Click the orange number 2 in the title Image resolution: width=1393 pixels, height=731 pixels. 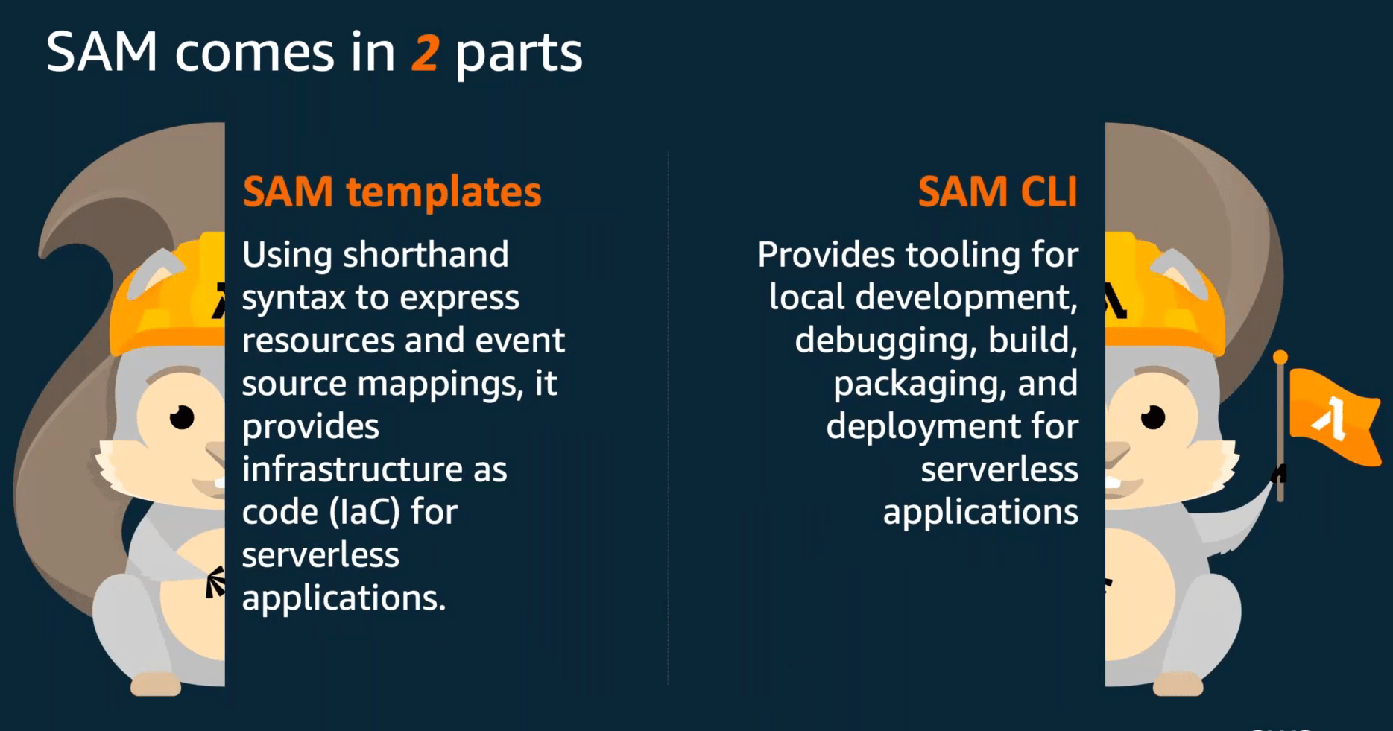tap(425, 54)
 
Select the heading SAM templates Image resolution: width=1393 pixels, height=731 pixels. tap(392, 192)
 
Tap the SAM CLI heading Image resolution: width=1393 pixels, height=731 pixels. tap(997, 192)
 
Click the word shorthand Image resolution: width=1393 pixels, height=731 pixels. tap(426, 255)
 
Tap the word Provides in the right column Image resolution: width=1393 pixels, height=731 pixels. tap(826, 255)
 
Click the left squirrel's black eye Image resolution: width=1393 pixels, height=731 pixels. tap(181, 417)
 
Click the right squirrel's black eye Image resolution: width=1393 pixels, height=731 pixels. tap(1152, 417)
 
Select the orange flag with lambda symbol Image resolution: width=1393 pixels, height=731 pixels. tap(1334, 417)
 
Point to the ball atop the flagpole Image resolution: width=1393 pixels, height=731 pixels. tap(1280, 358)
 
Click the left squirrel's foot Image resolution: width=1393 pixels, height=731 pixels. tap(156, 683)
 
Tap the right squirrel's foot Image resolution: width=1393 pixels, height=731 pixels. tap(1178, 683)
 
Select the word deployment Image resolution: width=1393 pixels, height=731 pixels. tap(923, 427)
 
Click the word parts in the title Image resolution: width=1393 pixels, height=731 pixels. tap(518, 54)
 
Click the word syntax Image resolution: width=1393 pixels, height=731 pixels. tap(294, 299)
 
